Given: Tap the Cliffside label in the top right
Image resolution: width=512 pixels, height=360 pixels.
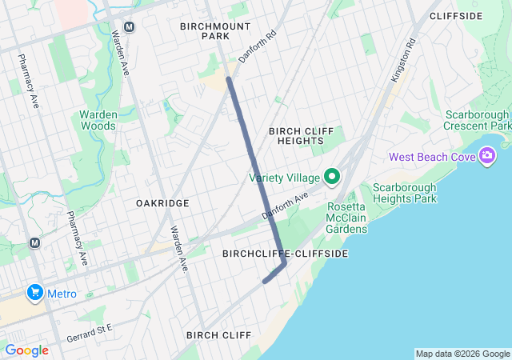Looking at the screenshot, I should pos(456,16).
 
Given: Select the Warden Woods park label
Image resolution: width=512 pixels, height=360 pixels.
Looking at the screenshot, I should pos(98,120).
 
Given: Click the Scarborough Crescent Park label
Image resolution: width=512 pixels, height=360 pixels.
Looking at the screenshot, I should pos(478,120).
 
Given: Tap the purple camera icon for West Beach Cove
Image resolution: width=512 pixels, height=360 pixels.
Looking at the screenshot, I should pos(487,156).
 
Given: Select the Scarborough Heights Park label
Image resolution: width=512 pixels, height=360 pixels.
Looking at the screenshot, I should pos(404,193).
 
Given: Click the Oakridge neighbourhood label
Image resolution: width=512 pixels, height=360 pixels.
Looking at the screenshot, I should pos(162,203).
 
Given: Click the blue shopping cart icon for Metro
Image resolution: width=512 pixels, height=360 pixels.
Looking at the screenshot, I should pos(34,294).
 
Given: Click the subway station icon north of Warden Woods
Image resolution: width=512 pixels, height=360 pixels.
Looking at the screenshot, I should pos(130,26).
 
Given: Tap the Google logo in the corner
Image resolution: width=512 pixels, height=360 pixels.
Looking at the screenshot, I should pos(26,350).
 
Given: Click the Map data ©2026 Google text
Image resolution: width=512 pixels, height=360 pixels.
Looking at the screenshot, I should pos(462,354).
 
